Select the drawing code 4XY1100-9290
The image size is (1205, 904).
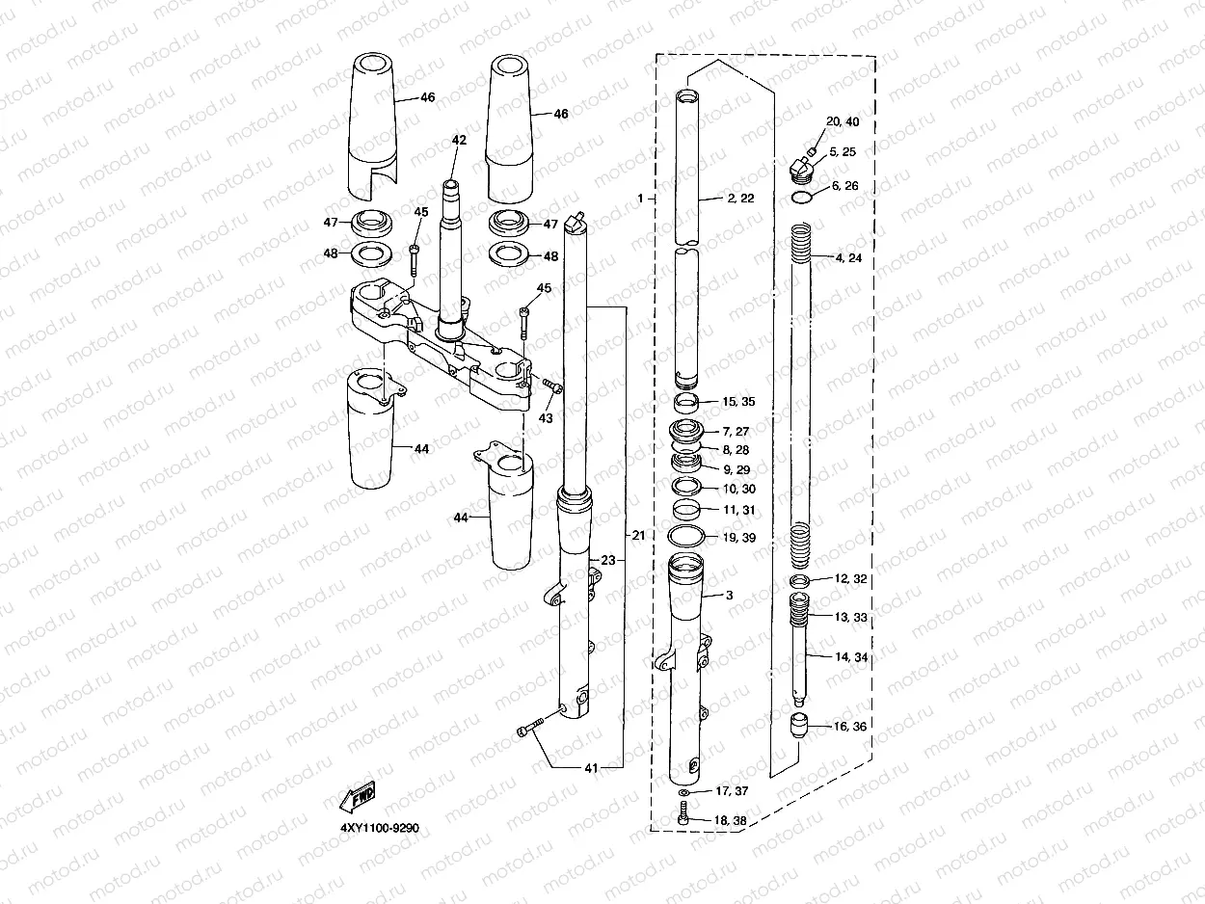coord(379,829)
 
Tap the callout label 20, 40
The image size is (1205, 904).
coord(842,121)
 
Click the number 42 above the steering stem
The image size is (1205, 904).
coord(459,140)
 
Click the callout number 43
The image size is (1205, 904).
coord(546,419)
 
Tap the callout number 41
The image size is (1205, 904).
coord(591,768)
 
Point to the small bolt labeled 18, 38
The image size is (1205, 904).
coord(683,817)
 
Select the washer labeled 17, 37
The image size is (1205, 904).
coord(683,791)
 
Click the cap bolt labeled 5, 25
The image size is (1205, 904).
coord(800,169)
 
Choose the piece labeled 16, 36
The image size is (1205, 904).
coord(799,725)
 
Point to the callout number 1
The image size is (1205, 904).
coord(639,198)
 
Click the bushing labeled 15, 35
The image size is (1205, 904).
coord(686,402)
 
